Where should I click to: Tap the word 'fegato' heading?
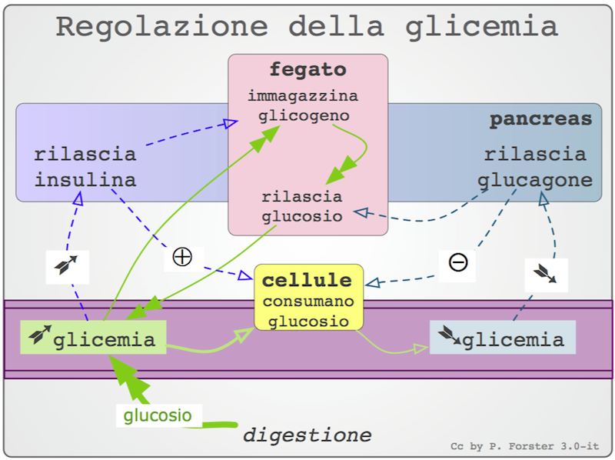[307, 70]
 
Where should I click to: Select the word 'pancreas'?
[540, 120]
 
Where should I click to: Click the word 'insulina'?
[85, 181]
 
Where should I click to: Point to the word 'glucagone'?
[535, 181]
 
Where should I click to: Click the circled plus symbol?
[182, 257]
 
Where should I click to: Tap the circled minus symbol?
[457, 262]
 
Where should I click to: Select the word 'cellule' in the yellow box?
[307, 281]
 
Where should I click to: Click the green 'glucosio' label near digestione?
[158, 416]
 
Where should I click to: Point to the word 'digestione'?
[307, 435]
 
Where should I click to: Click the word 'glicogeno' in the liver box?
[304, 116]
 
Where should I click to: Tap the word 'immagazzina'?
[303, 97]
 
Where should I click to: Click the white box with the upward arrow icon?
[66, 267]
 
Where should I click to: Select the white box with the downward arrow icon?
[547, 275]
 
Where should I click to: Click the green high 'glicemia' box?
[93, 338]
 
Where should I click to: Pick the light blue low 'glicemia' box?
[501, 338]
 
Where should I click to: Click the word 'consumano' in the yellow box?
[307, 302]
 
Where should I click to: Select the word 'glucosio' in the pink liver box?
[302, 215]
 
